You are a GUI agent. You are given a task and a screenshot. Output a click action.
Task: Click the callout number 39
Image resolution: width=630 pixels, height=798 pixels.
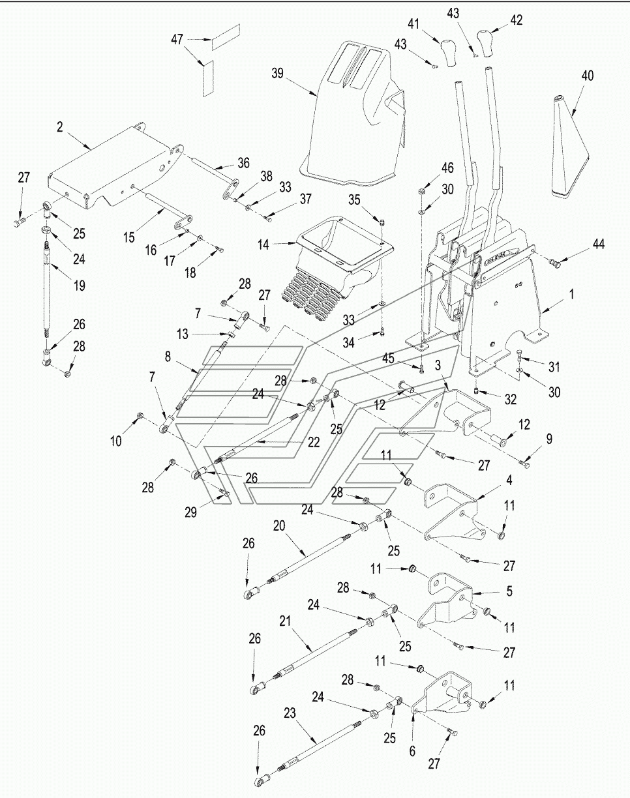[278, 74]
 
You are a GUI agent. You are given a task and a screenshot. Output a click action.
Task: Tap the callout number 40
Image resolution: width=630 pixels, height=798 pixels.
[588, 76]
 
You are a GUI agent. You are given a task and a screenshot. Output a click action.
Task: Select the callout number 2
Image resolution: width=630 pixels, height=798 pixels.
[60, 127]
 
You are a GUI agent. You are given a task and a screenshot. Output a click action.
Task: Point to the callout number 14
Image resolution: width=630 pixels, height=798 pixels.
[263, 244]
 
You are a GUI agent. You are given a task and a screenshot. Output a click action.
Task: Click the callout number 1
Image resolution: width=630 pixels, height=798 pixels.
[572, 294]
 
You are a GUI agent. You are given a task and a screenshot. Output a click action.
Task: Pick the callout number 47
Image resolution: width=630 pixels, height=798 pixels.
[177, 39]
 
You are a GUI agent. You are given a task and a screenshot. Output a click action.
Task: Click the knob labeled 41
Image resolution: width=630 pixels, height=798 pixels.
[447, 53]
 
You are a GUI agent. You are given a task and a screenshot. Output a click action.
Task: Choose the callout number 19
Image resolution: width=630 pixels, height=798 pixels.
[80, 285]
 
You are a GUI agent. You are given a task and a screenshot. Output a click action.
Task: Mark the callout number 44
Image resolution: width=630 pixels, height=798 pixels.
[599, 244]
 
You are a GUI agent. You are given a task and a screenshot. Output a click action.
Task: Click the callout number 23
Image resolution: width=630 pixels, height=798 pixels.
[290, 713]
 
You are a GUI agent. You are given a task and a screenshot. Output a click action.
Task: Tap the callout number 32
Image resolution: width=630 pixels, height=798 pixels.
[511, 399]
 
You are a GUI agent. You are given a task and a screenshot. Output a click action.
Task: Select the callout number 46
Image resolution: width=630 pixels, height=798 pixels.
[447, 168]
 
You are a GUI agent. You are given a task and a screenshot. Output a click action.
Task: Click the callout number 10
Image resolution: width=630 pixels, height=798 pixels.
[115, 441]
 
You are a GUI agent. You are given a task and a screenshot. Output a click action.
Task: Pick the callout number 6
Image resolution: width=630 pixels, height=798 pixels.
[412, 751]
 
